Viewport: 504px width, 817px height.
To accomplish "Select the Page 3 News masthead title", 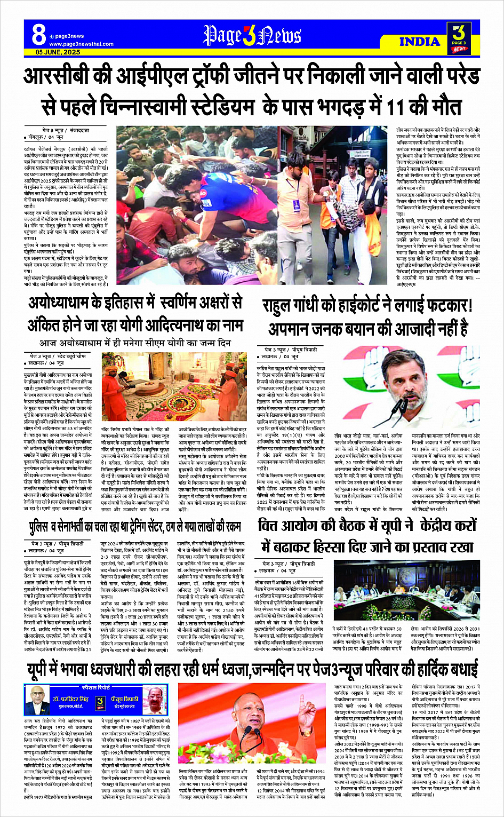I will tap(252, 36).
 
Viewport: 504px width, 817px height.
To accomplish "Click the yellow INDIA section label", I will tap(420, 41).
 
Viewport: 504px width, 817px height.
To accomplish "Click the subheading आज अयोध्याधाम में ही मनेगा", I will tap(135, 342).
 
